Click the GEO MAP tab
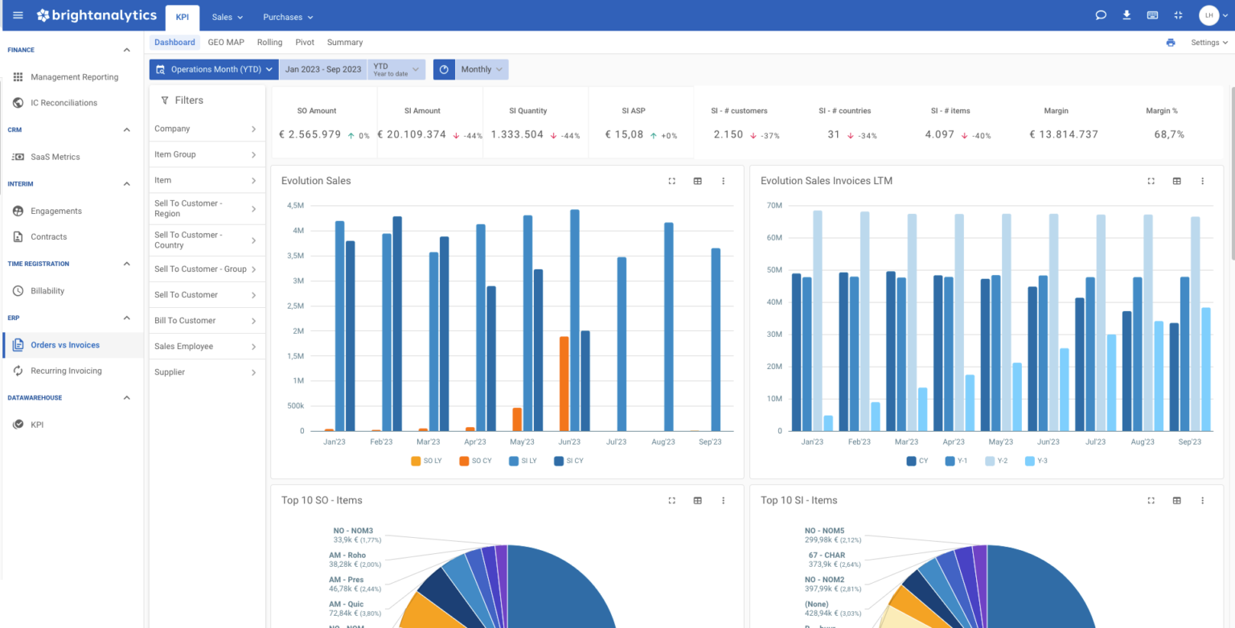click(x=226, y=43)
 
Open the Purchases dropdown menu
click(x=288, y=17)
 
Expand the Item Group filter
click(x=207, y=154)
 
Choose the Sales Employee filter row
click(x=207, y=347)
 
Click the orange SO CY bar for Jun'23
click(x=564, y=384)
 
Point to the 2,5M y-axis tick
click(x=294, y=306)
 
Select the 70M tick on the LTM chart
click(x=774, y=206)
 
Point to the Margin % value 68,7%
click(x=1169, y=135)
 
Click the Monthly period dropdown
click(x=481, y=70)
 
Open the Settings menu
click(x=1208, y=43)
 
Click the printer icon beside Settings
click(x=1170, y=43)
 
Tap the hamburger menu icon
click(x=18, y=15)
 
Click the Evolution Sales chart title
click(x=316, y=181)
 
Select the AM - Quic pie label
click(x=346, y=604)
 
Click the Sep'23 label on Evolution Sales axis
click(x=709, y=442)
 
